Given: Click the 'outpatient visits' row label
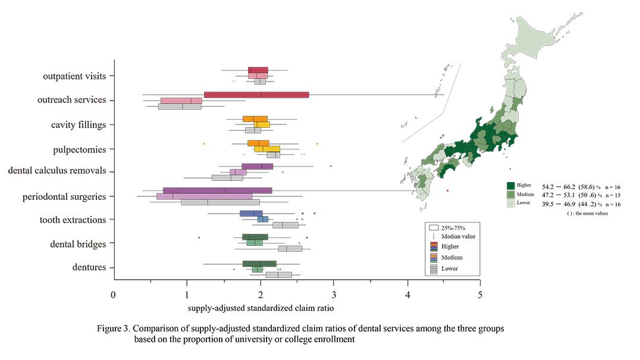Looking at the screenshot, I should point(74,76).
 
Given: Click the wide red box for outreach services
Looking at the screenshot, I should point(256,95).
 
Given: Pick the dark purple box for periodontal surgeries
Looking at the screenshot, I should point(218,190).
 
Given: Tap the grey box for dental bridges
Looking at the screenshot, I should point(294,249).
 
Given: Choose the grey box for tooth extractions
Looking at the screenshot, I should point(286,225).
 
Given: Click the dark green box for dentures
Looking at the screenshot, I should point(259,264).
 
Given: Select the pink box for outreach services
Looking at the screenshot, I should point(181,101).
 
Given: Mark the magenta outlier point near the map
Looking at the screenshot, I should point(447,190).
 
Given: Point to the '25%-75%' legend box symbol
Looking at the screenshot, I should point(434,227).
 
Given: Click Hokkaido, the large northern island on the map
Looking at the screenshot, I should point(535,36).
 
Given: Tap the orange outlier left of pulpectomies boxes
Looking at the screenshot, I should point(204,143).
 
